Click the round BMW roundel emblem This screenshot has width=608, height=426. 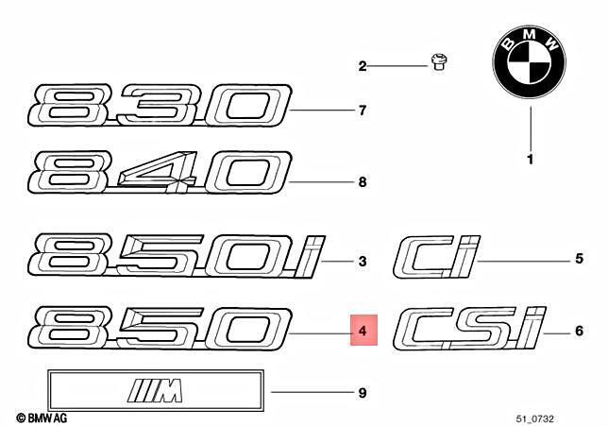529,62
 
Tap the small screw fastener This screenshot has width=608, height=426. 439,63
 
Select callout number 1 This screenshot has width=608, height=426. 530,160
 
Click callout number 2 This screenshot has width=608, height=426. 363,66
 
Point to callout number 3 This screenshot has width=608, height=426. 363,261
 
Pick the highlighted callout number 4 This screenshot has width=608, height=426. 363,331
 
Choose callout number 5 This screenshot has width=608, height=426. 579,259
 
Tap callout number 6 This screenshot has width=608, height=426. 579,331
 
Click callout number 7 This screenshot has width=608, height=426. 363,111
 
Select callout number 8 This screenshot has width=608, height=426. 363,182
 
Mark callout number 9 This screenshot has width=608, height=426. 363,393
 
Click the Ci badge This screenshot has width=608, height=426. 436,257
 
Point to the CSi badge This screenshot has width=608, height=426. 469,328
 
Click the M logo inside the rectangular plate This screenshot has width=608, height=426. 155,390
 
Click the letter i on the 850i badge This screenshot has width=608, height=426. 310,256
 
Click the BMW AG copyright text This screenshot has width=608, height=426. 42,417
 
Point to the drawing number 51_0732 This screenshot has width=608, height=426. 534,418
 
